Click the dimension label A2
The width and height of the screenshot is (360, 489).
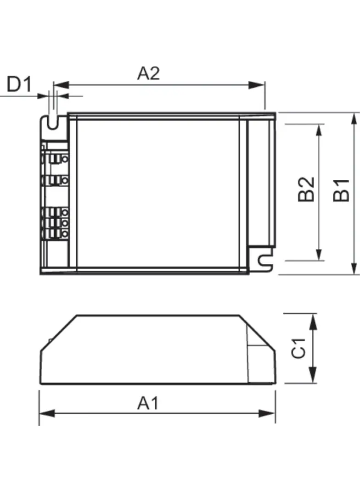click(148, 73)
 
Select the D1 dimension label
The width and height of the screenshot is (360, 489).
click(19, 85)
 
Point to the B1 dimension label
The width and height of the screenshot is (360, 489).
click(342, 190)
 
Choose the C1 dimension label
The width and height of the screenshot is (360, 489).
click(299, 348)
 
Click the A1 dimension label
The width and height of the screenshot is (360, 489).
click(148, 404)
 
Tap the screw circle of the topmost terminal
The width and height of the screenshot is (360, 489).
click(64, 159)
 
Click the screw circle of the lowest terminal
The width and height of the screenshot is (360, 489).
click(64, 234)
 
